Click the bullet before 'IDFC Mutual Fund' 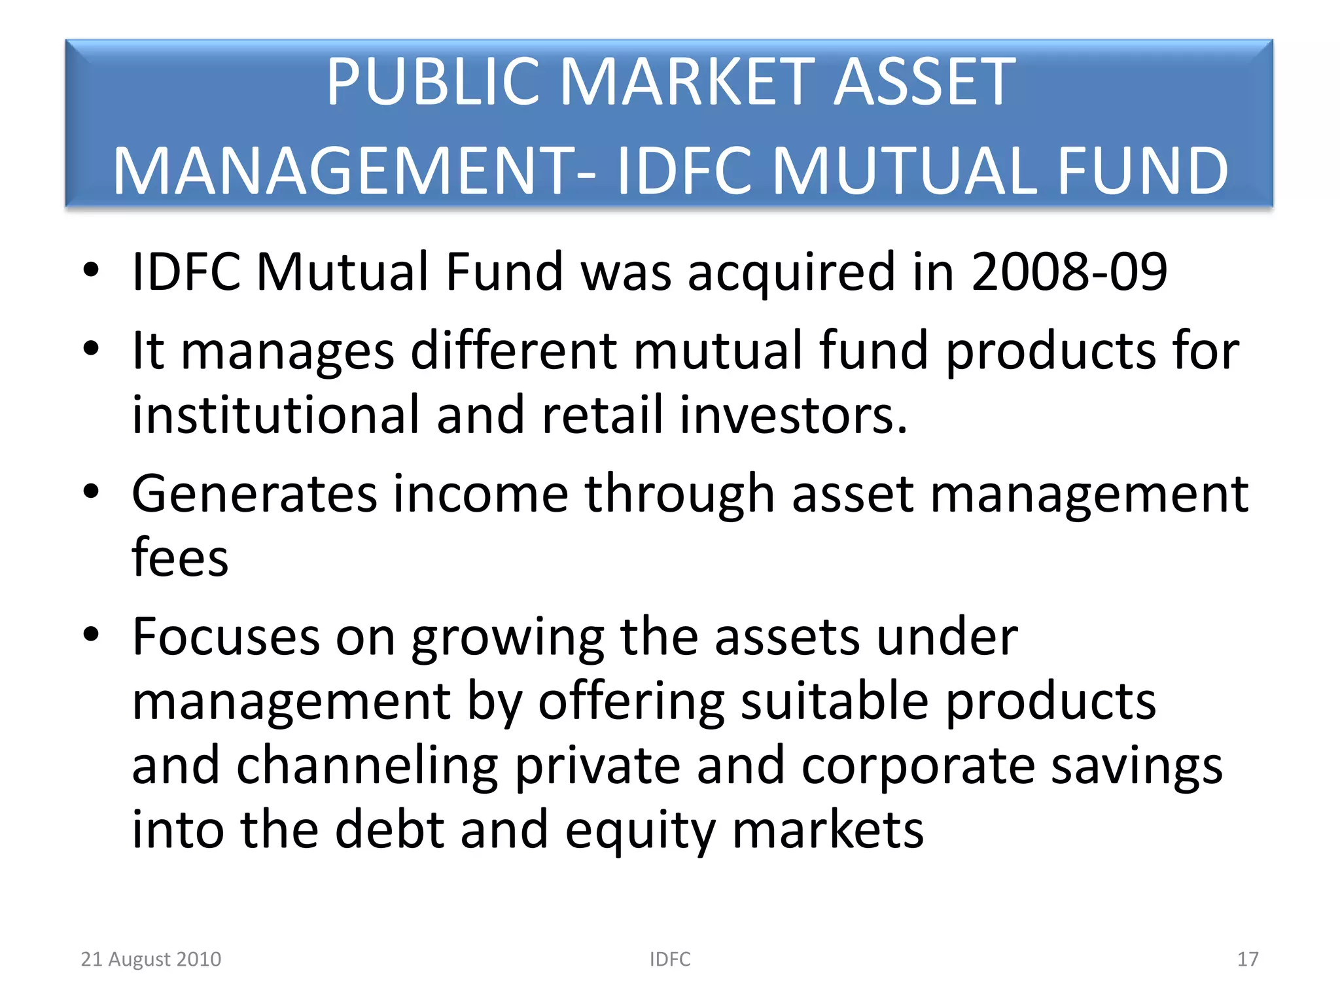(91, 270)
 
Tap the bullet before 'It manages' (91, 349)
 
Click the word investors (793, 415)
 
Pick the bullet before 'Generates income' (91, 491)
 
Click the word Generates (255, 494)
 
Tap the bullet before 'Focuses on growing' (91, 634)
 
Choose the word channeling (367, 766)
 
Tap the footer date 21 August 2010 (150, 959)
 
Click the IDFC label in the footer (669, 959)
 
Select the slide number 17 (1247, 959)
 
